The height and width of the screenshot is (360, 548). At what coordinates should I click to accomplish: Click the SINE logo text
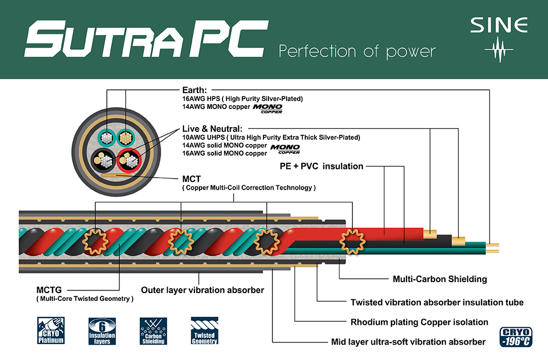(499, 25)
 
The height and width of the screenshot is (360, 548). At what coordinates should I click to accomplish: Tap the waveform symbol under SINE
(499, 50)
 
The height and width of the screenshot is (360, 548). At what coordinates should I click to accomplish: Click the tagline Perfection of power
(357, 52)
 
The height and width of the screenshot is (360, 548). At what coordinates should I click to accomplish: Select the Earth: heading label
(195, 90)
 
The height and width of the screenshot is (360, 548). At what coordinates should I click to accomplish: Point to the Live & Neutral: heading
(212, 129)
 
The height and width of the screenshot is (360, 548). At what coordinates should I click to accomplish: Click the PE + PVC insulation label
(322, 166)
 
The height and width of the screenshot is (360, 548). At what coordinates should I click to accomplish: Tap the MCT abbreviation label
(191, 179)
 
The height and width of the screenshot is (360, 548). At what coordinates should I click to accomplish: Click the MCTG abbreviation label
(49, 290)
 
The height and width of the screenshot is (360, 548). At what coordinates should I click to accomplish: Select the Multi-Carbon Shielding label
(439, 279)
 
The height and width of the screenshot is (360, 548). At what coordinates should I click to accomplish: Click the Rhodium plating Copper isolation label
(419, 322)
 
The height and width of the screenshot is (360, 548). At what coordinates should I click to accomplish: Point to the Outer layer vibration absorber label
(202, 290)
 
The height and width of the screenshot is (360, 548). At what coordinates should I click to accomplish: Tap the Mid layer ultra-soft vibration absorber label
(408, 342)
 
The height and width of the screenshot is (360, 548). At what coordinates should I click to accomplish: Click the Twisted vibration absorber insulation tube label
(437, 302)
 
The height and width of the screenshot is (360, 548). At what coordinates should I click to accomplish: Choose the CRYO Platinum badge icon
(51, 330)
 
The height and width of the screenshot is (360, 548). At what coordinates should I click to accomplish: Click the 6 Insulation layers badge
(102, 331)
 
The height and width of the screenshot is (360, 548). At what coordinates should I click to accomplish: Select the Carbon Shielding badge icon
(153, 331)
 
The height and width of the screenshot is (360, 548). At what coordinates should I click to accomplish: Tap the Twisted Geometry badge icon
(205, 330)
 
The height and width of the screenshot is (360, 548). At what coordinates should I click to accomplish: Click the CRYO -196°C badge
(516, 336)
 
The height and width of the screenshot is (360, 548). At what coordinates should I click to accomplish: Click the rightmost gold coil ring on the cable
(352, 242)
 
